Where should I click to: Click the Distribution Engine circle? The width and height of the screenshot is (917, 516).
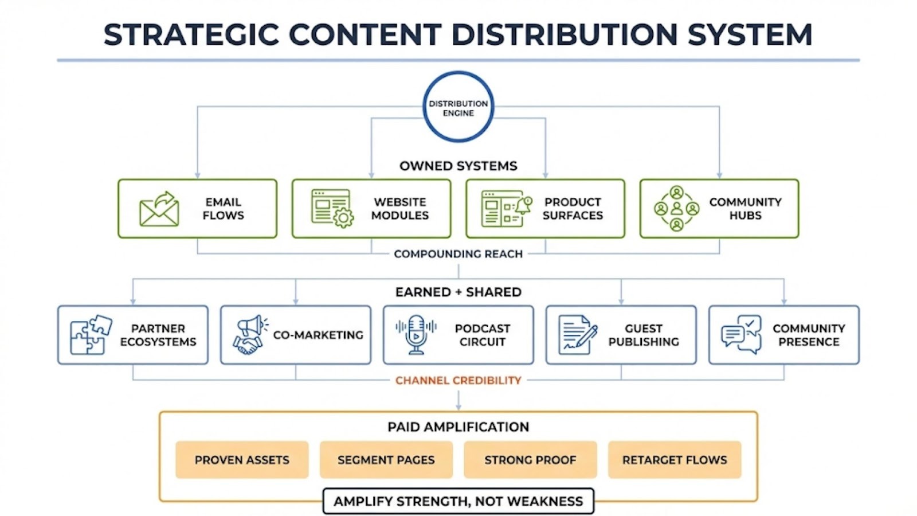coord(458,107)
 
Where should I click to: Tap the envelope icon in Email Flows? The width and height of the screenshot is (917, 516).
coord(159,209)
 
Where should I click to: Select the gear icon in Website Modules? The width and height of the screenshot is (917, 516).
coord(343,218)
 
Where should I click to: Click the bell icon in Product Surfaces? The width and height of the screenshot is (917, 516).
coord(524,204)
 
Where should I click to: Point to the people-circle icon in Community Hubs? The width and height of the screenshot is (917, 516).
coord(676,209)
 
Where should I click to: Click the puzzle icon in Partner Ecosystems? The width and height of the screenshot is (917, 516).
coord(90,335)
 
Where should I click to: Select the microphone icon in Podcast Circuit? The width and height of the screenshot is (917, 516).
coord(416,334)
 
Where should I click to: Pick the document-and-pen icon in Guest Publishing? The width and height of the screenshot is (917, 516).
coord(577,335)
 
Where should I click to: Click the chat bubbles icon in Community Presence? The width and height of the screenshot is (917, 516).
coord(741,335)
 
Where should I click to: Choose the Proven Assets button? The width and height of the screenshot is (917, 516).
coord(242,460)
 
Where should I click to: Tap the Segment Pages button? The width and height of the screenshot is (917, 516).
coord(386,460)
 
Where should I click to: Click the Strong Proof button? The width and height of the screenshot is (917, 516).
coord(530,460)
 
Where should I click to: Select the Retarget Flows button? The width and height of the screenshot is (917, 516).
coord(675,460)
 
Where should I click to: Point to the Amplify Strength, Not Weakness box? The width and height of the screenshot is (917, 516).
coord(458,501)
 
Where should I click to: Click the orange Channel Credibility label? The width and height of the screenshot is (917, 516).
coord(458,380)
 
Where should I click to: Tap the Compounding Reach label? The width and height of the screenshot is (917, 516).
coord(458,254)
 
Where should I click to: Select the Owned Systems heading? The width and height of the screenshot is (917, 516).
coord(458,166)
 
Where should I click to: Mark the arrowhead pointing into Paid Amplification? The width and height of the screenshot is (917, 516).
coord(458,406)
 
